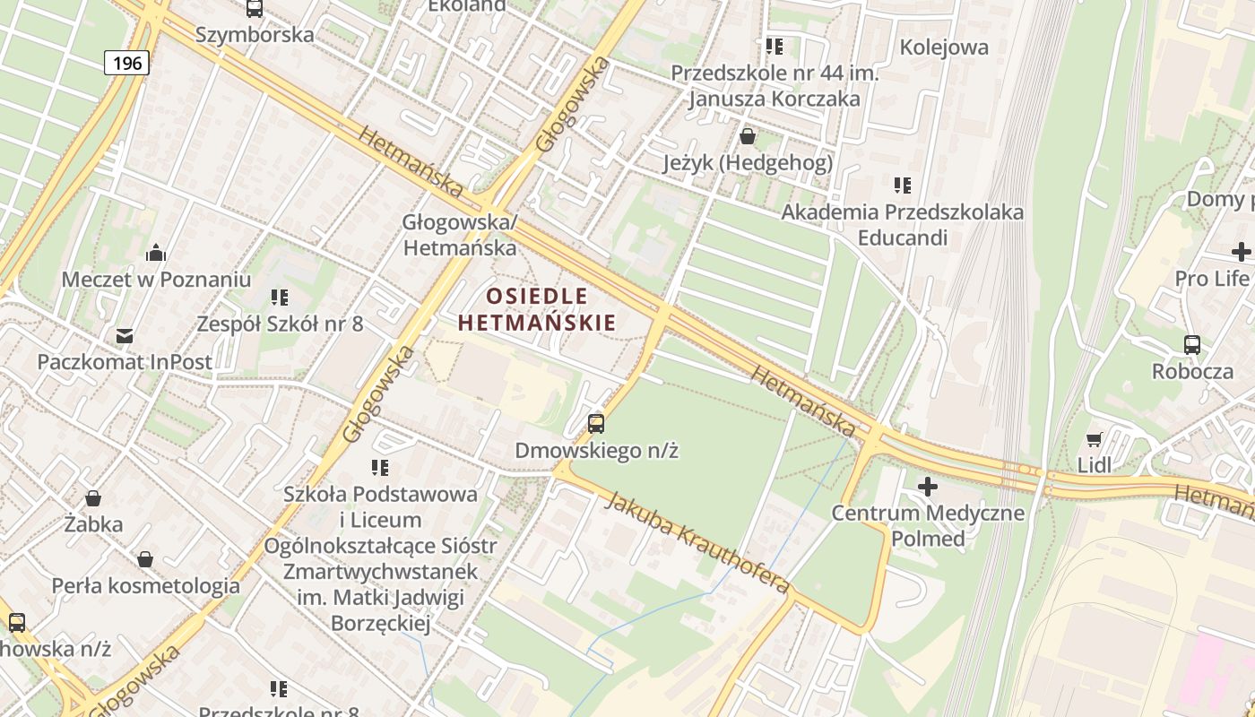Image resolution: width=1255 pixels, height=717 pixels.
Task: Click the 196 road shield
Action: pyautogui.click(x=126, y=63)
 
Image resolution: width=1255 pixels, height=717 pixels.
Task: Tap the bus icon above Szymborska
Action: pyautogui.click(x=255, y=8)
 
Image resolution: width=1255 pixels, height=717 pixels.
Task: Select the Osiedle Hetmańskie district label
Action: pyautogui.click(x=537, y=309)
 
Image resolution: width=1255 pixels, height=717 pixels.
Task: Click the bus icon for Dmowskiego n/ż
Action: pyautogui.click(x=596, y=423)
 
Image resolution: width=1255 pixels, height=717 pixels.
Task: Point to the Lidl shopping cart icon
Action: pyautogui.click(x=1094, y=439)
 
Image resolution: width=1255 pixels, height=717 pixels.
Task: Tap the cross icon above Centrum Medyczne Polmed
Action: pyautogui.click(x=928, y=488)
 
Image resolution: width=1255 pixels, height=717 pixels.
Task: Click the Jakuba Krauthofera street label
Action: pyautogui.click(x=697, y=542)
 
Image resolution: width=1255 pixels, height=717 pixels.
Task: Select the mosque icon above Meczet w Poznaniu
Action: pyautogui.click(x=156, y=253)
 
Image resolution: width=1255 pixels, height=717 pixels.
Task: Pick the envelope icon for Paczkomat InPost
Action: pyautogui.click(x=125, y=337)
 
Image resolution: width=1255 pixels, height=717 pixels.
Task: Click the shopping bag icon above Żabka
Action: pyautogui.click(x=93, y=498)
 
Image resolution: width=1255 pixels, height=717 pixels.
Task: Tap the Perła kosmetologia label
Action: pyautogui.click(x=145, y=586)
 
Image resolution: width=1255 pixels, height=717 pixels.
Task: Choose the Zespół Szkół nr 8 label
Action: pyautogui.click(x=281, y=324)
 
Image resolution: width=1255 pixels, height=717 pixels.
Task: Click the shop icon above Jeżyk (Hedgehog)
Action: pyautogui.click(x=747, y=136)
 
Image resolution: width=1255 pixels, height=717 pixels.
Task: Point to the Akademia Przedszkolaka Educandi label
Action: pyautogui.click(x=902, y=225)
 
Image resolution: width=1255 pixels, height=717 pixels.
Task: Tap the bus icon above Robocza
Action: pyautogui.click(x=1192, y=344)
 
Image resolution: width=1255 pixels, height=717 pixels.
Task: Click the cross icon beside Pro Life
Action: pyautogui.click(x=1241, y=252)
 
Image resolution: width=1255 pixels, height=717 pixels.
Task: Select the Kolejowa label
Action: pyautogui.click(x=944, y=48)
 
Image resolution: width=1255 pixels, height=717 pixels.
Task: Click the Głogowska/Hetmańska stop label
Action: pyautogui.click(x=460, y=235)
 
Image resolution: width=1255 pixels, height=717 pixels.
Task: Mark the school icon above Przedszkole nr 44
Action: pyautogui.click(x=774, y=46)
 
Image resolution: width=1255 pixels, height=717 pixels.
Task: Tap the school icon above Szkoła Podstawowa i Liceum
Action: pyautogui.click(x=380, y=467)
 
